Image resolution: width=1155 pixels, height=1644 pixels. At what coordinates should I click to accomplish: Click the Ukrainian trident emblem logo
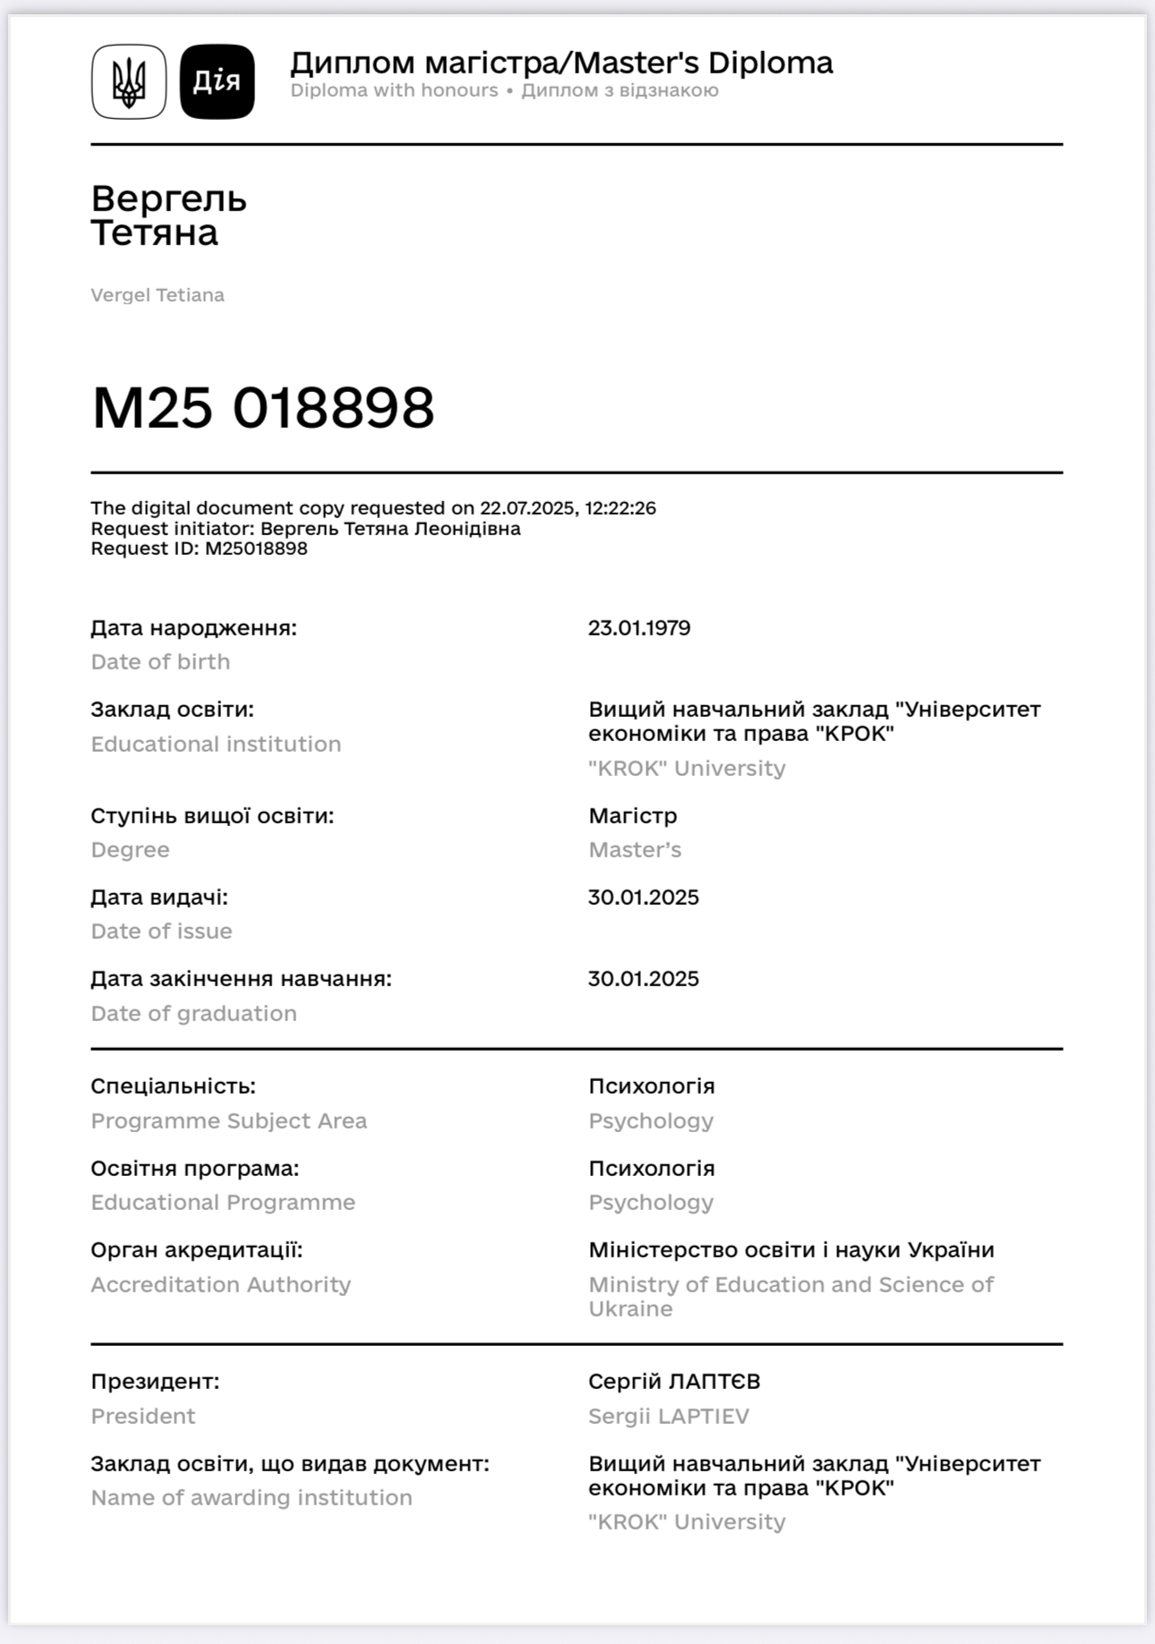click(129, 81)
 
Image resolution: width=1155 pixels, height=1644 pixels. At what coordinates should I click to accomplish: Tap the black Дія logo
click(218, 81)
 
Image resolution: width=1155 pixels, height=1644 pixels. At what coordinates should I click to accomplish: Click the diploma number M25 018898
click(263, 408)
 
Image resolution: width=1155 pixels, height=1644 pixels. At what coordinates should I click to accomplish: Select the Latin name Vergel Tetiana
click(158, 295)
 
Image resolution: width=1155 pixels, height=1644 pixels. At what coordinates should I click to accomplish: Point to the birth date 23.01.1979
click(639, 628)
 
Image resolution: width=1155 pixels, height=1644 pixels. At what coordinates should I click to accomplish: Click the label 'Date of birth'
click(160, 662)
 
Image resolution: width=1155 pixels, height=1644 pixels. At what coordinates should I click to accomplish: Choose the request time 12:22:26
click(620, 508)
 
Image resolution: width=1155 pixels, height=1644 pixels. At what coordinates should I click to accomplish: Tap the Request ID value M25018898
click(256, 549)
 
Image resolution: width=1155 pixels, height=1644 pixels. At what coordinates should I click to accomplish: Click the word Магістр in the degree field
click(633, 816)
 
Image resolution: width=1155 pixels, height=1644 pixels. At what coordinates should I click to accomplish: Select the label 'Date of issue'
click(161, 932)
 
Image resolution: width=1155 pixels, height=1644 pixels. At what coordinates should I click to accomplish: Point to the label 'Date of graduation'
click(193, 1014)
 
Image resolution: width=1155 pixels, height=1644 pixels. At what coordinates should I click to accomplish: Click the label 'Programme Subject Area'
click(228, 1121)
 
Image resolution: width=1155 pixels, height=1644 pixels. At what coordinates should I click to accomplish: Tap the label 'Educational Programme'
click(223, 1203)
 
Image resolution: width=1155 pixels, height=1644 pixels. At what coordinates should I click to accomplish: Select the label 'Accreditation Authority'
click(220, 1285)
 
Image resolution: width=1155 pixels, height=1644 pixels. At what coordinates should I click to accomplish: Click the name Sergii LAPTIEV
click(669, 1417)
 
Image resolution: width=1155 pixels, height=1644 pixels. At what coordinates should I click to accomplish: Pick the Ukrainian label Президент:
click(155, 1382)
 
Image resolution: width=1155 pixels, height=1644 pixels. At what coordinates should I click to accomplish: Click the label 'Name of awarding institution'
click(252, 1498)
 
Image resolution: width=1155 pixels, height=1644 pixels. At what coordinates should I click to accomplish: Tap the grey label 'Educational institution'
click(216, 745)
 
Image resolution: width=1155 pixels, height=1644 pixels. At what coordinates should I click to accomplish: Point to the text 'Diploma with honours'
click(394, 90)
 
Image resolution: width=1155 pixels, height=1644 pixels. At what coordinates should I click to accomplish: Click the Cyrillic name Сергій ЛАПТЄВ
click(674, 1382)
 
